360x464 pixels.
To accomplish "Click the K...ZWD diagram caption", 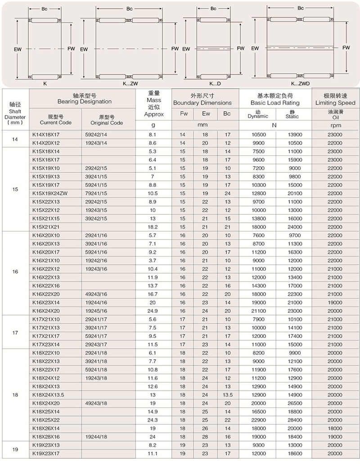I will (x=300, y=83).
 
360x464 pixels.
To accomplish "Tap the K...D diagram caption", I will (x=215, y=83).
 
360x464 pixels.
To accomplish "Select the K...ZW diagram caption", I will (x=130, y=83).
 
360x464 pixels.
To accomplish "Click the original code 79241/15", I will (x=95, y=193).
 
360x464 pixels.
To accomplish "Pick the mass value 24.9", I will (x=153, y=311).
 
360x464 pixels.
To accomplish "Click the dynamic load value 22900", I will (x=257, y=419).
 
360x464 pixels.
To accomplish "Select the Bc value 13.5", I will (x=227, y=394).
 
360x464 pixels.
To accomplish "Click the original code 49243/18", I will (x=95, y=403).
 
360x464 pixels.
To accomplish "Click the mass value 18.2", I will (x=153, y=226).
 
